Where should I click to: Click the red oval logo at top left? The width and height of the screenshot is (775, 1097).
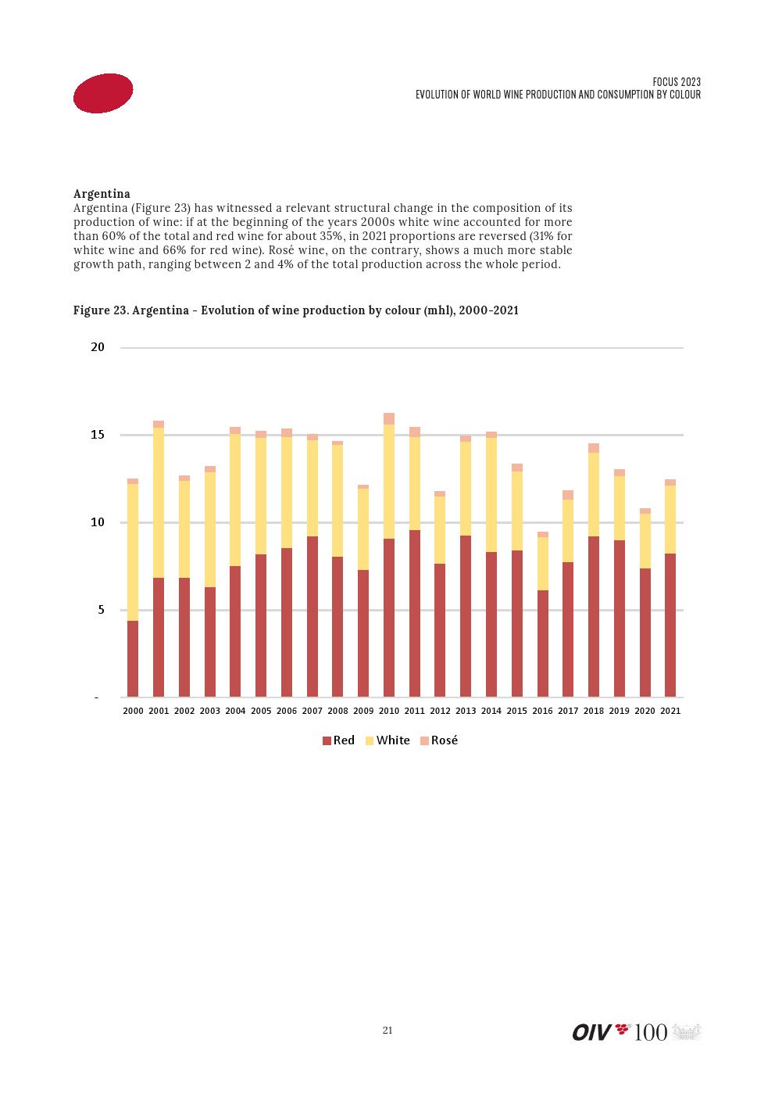[103, 93]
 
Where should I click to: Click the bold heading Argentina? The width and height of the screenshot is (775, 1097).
[102, 194]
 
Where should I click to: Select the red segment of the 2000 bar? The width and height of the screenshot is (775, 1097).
[133, 658]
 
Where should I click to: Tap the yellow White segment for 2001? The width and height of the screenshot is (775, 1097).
[159, 503]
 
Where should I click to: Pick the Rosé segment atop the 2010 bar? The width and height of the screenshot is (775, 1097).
[389, 418]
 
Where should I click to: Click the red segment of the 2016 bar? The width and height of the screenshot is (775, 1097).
[543, 643]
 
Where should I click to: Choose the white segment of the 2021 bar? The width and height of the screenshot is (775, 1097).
[670, 519]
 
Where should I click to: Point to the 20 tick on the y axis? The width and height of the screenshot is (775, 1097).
[98, 347]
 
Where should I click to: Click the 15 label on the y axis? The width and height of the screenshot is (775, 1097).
[98, 435]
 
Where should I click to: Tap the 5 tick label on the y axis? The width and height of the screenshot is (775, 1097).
[101, 610]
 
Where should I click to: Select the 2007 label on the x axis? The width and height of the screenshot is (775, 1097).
[312, 711]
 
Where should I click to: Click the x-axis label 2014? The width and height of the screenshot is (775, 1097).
[491, 711]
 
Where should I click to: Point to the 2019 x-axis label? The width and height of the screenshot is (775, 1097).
[620, 711]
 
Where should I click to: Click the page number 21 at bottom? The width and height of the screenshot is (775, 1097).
[387, 1031]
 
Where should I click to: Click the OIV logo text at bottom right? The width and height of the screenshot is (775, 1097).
[591, 1032]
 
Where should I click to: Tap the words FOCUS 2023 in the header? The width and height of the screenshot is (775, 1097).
[677, 82]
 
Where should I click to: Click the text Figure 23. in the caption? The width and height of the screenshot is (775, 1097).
[101, 310]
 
